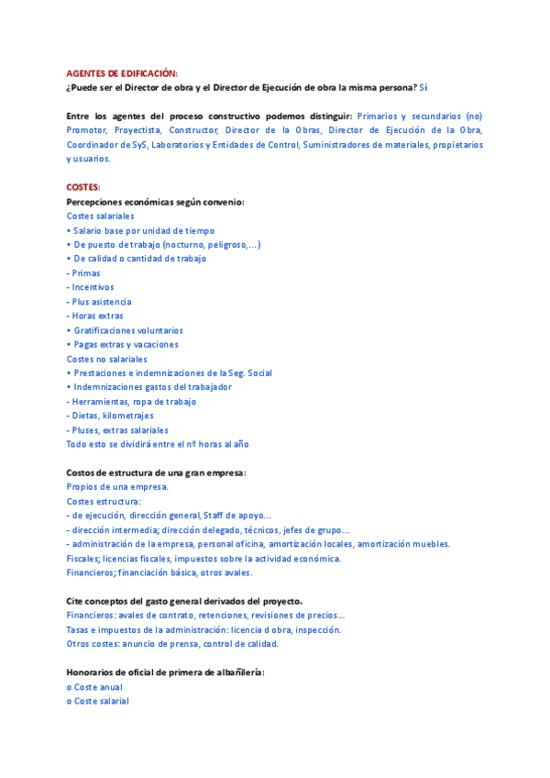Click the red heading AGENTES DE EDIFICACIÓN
pos(122,73)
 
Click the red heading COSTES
pos(83,187)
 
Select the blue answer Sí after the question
pos(423,87)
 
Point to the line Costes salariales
pos(100,216)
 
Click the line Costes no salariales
pos(106,359)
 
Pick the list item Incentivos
pos(92,287)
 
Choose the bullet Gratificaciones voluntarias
pos(127,330)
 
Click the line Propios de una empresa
pos(117,486)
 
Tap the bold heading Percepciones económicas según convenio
pos(155,201)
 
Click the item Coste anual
pos(97,687)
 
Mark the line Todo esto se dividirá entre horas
pos(157,444)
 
